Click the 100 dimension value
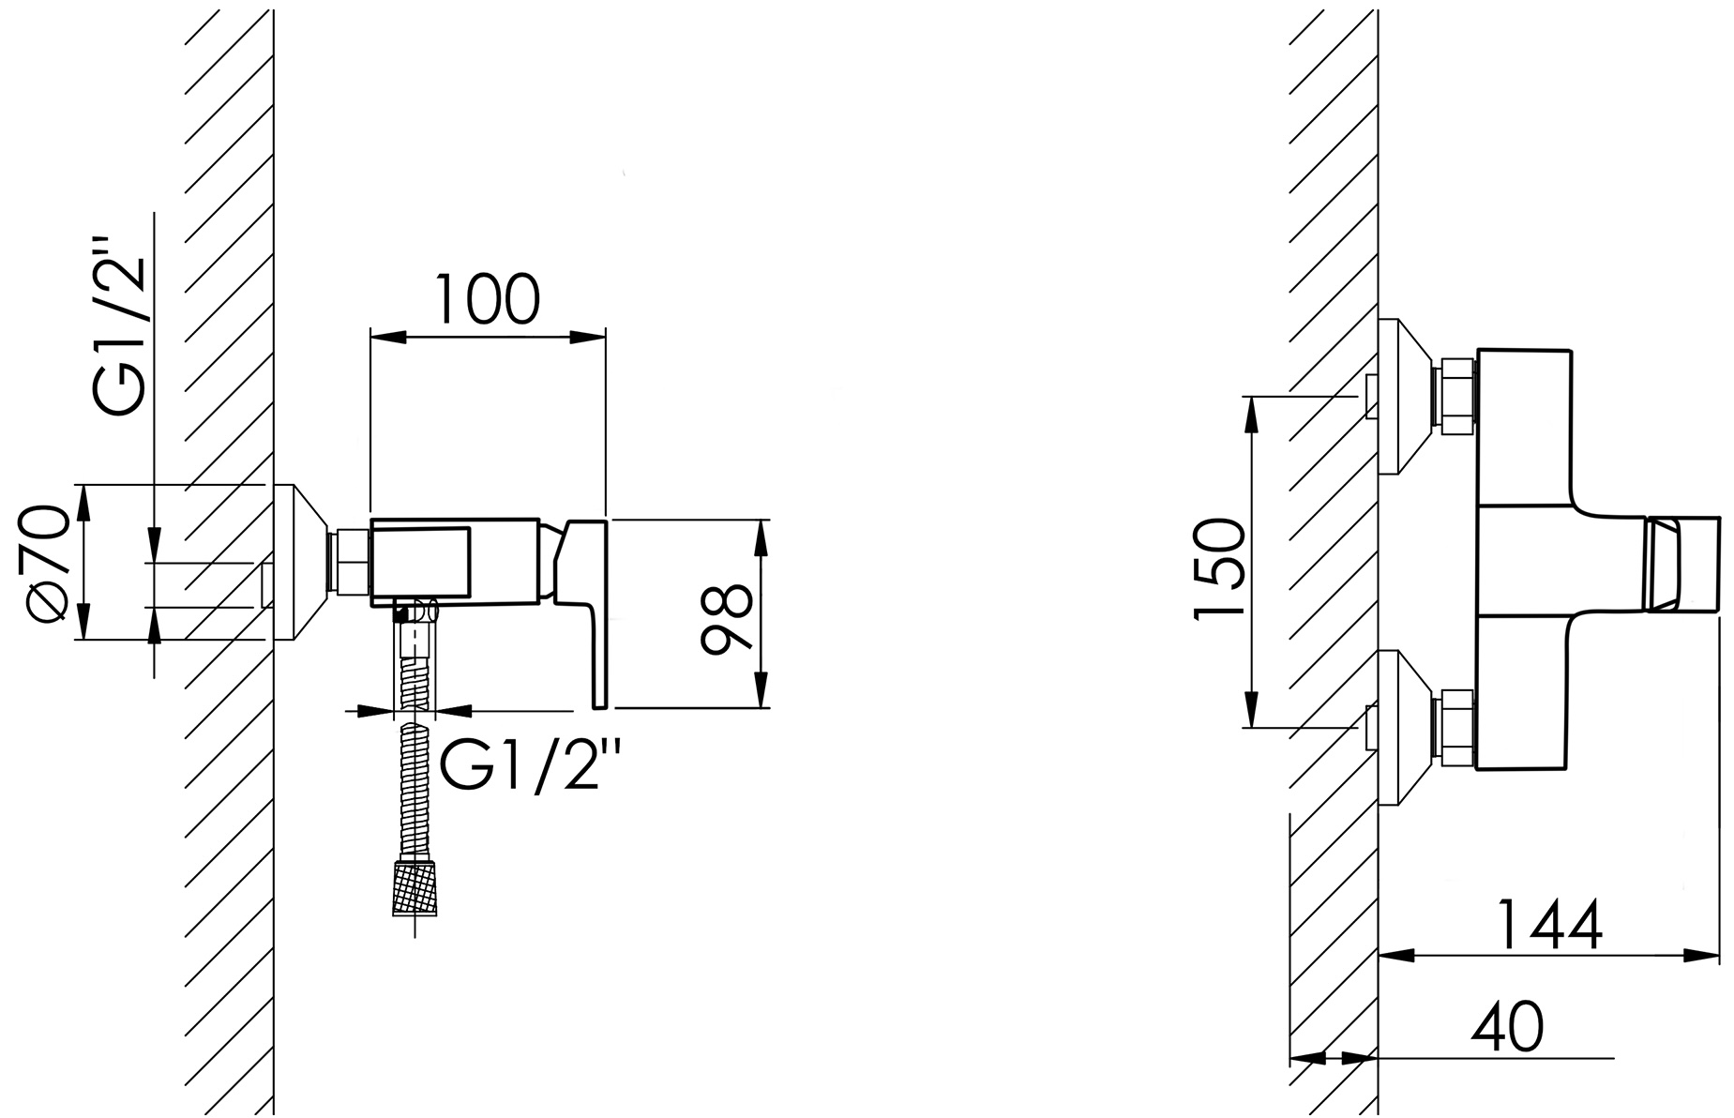pos(487,299)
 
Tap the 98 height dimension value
pos(727,616)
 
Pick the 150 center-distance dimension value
pos(1218,568)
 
